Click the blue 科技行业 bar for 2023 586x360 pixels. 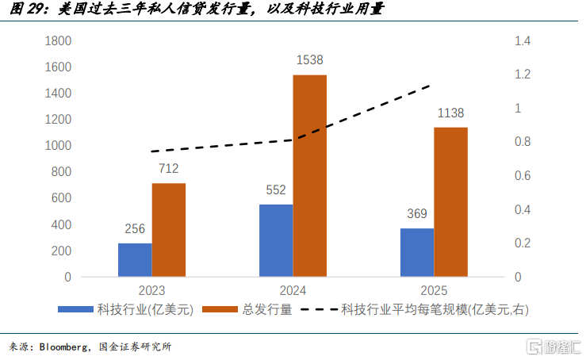(x=135, y=259)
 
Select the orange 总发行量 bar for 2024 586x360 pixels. (x=309, y=175)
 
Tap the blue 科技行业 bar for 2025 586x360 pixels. (x=417, y=252)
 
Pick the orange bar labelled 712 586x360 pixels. (x=169, y=229)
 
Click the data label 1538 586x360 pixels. (x=309, y=59)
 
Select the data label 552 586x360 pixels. (x=276, y=190)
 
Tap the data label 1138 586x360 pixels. (x=450, y=113)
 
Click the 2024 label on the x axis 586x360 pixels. (x=293, y=291)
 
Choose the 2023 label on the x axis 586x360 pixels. (x=151, y=291)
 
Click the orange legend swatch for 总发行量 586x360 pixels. (x=220, y=310)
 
